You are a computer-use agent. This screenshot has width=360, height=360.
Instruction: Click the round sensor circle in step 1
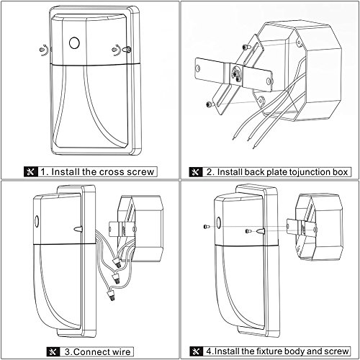click(74, 43)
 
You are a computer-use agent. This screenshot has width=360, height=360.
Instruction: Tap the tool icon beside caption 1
click(31, 172)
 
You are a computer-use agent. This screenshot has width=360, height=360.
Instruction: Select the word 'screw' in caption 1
click(140, 172)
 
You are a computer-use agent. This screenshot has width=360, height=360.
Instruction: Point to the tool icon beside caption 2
click(196, 172)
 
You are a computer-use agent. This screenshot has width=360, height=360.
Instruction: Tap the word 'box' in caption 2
click(340, 172)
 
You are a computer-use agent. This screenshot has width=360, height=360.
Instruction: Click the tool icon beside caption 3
click(53, 352)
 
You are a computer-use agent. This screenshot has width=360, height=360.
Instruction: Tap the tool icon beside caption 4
click(197, 351)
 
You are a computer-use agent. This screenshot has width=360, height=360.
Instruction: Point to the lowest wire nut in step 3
click(111, 294)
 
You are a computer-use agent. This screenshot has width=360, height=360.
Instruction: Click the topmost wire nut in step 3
click(117, 263)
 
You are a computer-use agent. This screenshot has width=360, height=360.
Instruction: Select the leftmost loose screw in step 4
click(207, 226)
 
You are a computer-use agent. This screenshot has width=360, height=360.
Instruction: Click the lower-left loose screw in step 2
click(209, 104)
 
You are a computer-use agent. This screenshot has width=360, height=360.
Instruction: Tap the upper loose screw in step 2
click(246, 47)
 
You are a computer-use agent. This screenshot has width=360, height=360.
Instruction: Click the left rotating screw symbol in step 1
click(43, 50)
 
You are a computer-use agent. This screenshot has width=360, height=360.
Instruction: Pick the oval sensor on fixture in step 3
click(37, 221)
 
